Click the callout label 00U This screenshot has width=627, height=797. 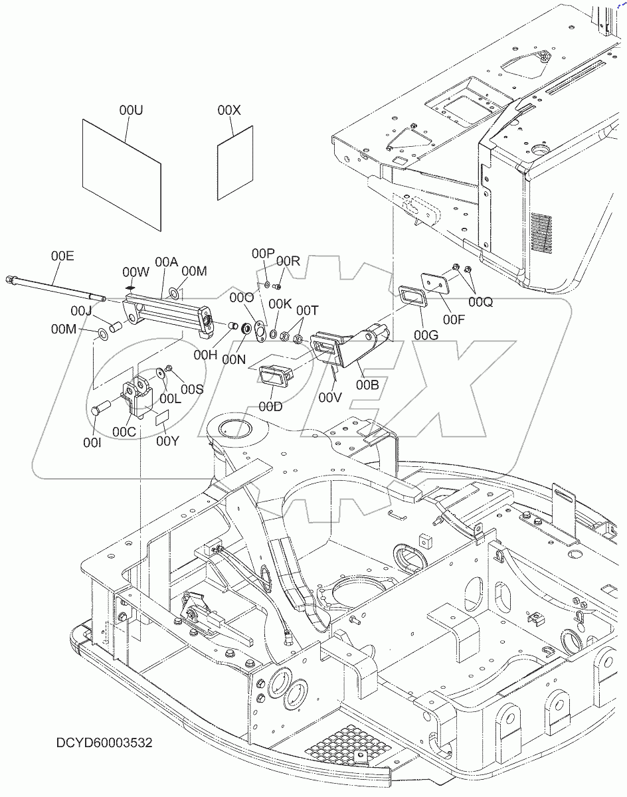(x=131, y=110)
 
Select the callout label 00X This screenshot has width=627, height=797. (x=229, y=110)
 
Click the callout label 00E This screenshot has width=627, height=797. (x=62, y=256)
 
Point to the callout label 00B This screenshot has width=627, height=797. (x=368, y=384)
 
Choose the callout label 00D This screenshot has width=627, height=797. (x=271, y=406)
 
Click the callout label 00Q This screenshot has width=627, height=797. (x=480, y=302)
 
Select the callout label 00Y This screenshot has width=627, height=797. (x=168, y=440)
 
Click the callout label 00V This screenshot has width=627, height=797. (x=329, y=397)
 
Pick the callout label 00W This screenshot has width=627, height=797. (x=135, y=272)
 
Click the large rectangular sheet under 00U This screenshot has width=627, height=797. (x=122, y=174)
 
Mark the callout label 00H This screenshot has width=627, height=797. (x=205, y=355)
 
